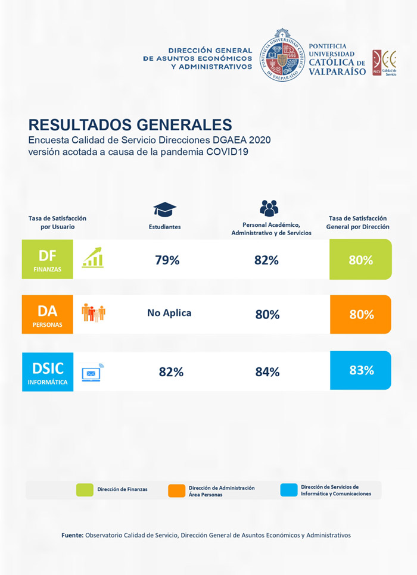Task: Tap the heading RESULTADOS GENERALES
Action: click(x=130, y=124)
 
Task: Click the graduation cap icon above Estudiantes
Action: click(x=165, y=209)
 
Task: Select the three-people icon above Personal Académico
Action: click(x=269, y=208)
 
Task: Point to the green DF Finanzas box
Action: click(x=47, y=260)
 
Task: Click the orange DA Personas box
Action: click(x=47, y=314)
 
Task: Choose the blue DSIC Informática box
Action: click(x=47, y=372)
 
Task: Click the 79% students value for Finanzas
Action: click(x=167, y=260)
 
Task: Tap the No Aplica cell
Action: click(x=169, y=312)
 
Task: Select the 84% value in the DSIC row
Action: click(x=267, y=372)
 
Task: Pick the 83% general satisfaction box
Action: click(x=361, y=370)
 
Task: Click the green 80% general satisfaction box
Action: click(x=360, y=260)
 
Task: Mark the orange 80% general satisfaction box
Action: click(x=361, y=314)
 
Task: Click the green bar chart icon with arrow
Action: click(x=93, y=257)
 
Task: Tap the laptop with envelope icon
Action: click(x=92, y=372)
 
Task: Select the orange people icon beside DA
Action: click(x=93, y=312)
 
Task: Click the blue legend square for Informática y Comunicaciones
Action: click(x=288, y=490)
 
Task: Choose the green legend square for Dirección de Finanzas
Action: click(x=85, y=490)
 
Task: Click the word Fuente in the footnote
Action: click(x=72, y=535)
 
